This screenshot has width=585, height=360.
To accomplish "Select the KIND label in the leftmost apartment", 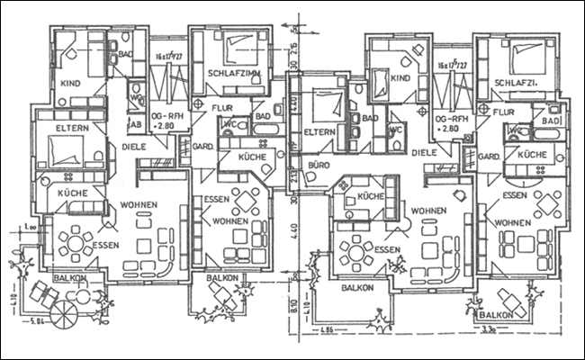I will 69,83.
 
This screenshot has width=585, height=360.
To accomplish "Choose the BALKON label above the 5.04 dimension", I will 70,279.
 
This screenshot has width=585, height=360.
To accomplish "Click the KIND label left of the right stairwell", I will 400,79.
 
